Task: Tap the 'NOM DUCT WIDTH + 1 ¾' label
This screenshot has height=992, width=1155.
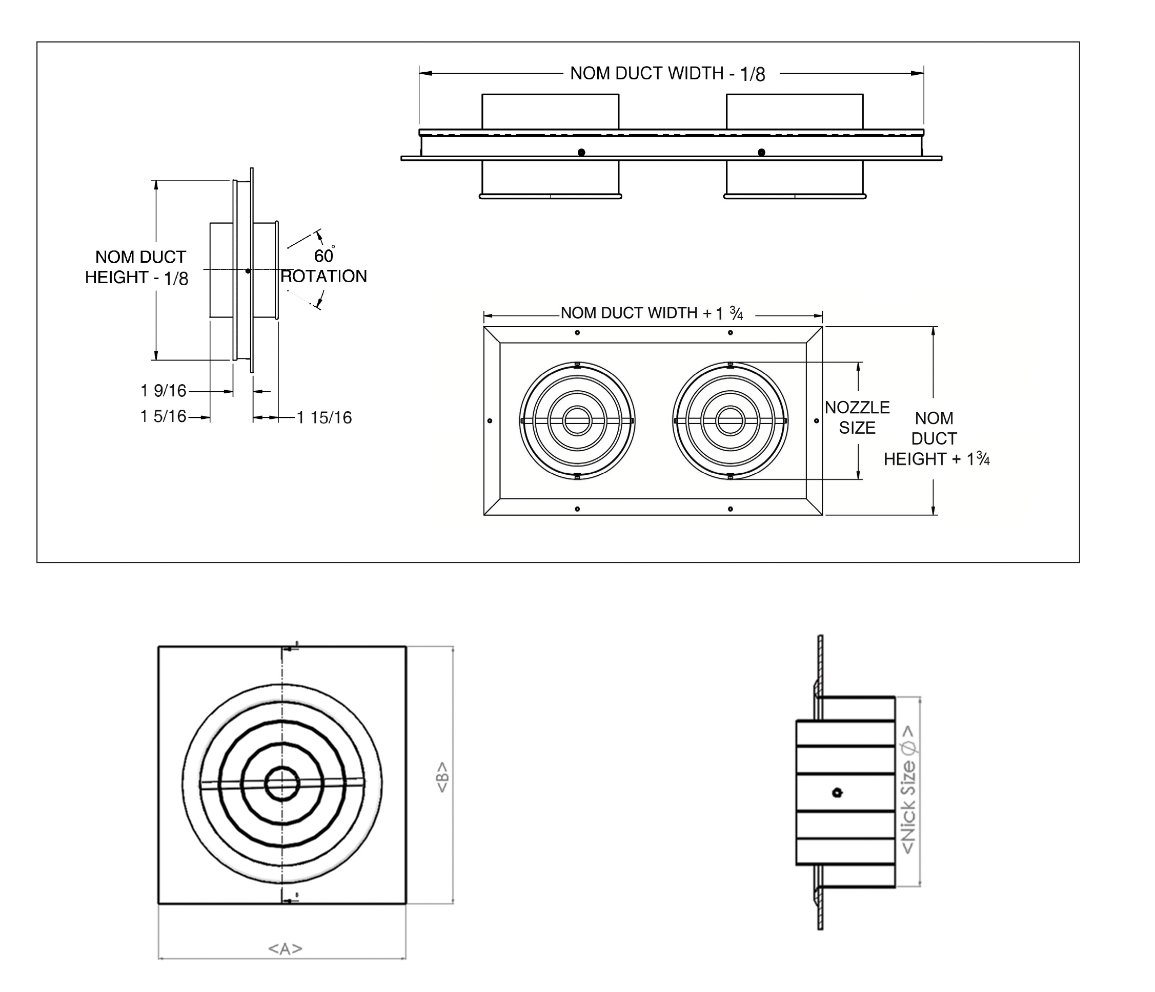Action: (652, 313)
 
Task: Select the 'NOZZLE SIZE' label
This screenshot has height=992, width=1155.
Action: (857, 417)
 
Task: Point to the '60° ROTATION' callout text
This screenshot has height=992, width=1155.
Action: (324, 266)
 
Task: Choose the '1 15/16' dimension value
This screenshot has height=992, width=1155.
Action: (324, 417)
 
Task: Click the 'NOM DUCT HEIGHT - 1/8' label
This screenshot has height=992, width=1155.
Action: (137, 267)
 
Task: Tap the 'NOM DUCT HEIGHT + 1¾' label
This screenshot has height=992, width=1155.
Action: (936, 438)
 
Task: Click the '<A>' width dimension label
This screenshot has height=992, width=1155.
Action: (286, 948)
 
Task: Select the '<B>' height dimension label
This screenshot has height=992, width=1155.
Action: (442, 777)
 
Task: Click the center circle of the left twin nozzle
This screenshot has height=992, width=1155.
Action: (577, 420)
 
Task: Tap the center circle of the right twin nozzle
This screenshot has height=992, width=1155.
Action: (730, 420)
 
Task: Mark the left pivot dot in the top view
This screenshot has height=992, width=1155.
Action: (581, 152)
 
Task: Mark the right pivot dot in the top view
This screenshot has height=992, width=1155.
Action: (761, 152)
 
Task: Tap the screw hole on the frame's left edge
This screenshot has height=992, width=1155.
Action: (490, 420)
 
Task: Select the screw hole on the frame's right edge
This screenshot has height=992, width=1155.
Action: (817, 420)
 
